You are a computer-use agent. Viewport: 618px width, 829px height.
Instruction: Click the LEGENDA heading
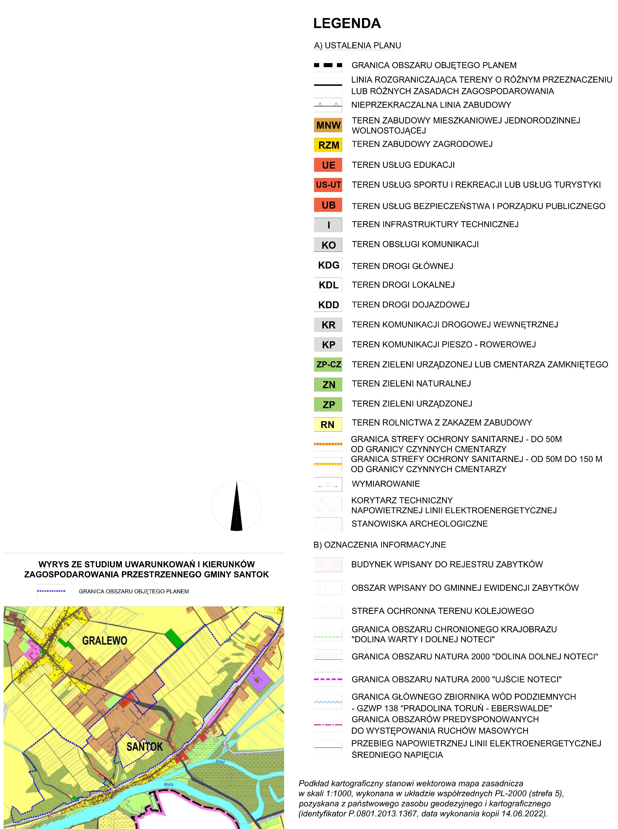(347, 23)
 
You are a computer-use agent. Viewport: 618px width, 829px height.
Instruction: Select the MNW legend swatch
(328, 125)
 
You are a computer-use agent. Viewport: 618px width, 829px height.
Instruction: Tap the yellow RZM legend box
(328, 145)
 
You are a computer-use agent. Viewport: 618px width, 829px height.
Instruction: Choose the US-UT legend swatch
(328, 184)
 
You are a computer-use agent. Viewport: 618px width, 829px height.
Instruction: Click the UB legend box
(328, 205)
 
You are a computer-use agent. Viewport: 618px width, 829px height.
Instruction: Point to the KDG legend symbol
(328, 265)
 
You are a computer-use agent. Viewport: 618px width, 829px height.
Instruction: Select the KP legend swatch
(328, 344)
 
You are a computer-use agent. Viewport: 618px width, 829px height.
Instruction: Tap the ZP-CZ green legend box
(328, 364)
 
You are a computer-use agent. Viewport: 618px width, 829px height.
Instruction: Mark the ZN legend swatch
(328, 385)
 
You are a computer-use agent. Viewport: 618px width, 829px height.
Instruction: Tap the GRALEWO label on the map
(104, 641)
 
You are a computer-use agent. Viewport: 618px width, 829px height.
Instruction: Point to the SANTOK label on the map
(144, 747)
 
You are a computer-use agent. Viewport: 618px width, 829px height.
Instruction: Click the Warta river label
(169, 785)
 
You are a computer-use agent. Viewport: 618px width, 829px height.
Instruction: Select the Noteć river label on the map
(220, 762)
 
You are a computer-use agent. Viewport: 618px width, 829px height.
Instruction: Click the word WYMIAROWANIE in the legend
(386, 484)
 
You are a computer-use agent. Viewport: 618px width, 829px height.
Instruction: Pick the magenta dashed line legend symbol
(328, 679)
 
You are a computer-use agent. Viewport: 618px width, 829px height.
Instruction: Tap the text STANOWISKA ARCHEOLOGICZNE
(419, 523)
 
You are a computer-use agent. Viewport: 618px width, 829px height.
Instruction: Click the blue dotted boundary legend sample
(51, 591)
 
